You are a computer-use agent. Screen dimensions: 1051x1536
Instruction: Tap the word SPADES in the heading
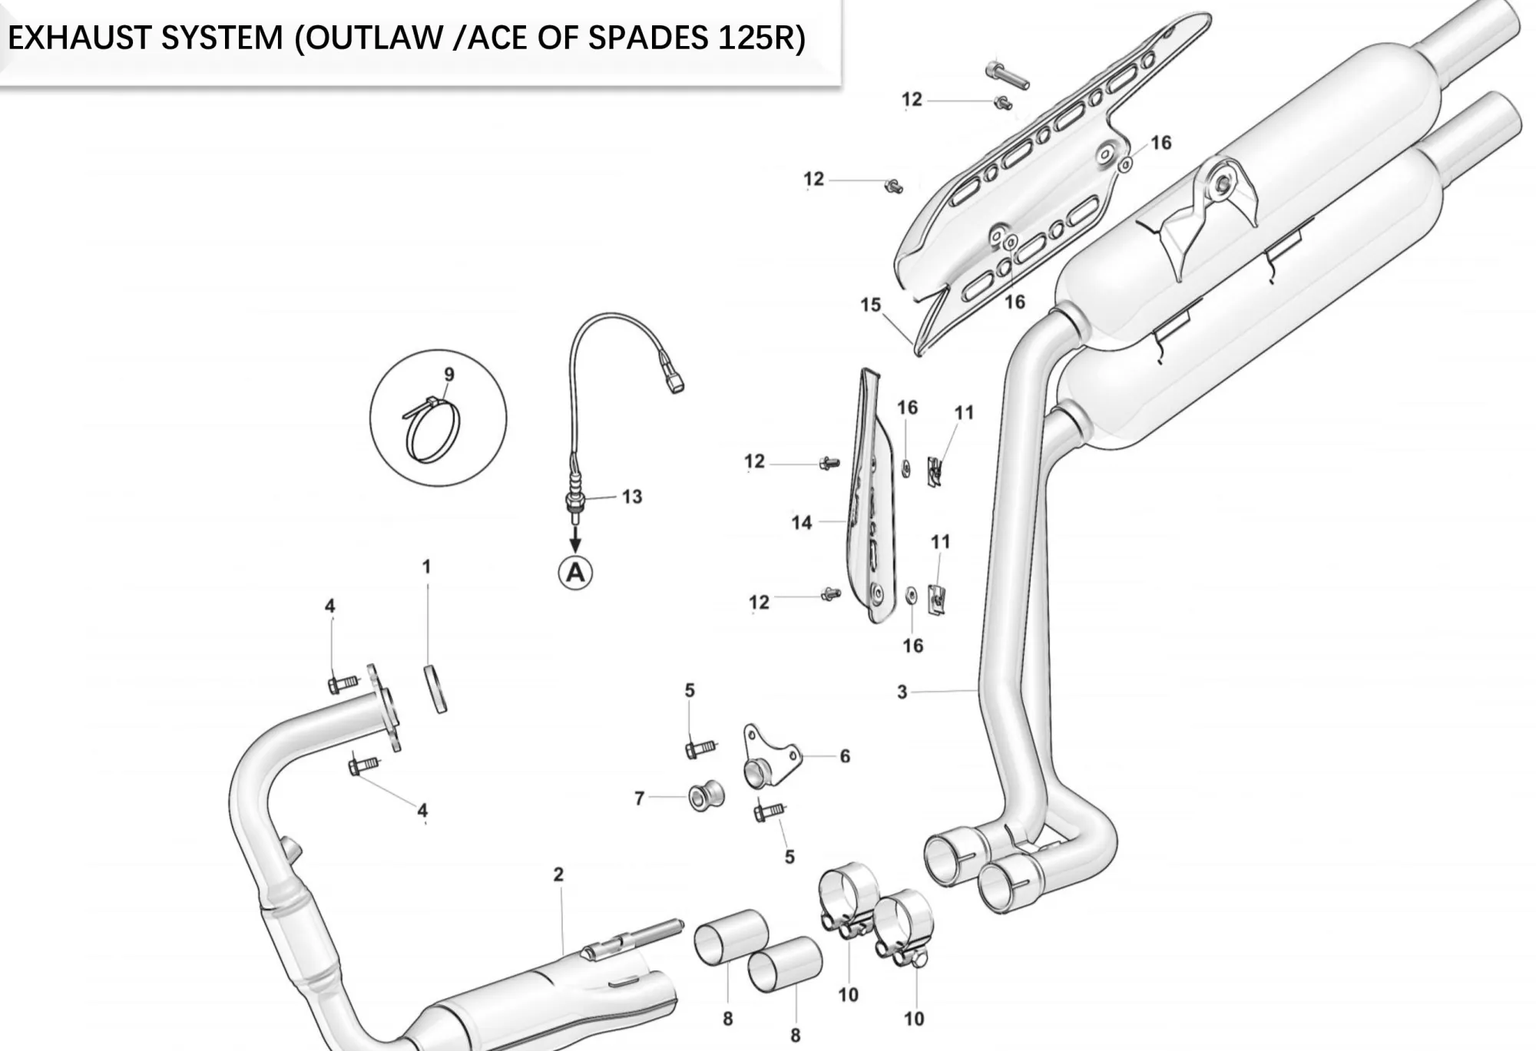click(647, 38)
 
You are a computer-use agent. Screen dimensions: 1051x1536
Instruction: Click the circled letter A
click(575, 573)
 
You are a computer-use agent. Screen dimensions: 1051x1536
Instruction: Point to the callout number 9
click(449, 375)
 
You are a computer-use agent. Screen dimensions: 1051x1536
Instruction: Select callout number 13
click(632, 497)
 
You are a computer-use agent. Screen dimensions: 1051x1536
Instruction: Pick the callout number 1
click(426, 567)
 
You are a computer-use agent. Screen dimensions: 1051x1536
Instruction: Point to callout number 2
click(558, 874)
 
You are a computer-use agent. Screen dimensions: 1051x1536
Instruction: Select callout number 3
click(902, 692)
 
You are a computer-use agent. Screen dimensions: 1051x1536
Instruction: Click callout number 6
click(845, 756)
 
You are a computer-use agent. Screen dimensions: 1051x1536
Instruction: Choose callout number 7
click(639, 798)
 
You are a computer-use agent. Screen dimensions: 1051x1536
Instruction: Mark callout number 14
click(801, 523)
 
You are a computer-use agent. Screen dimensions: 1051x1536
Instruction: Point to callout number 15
click(870, 305)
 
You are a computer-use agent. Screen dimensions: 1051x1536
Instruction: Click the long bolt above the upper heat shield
click(1007, 75)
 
